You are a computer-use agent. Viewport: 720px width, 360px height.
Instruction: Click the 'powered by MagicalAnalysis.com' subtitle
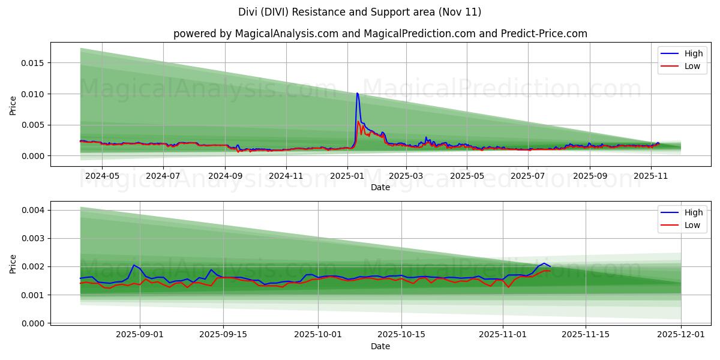[380, 34]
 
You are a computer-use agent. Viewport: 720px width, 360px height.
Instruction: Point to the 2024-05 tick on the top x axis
[102, 176]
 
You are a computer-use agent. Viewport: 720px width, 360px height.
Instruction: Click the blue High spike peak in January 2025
[357, 93]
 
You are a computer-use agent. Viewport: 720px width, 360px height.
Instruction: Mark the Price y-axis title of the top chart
[13, 106]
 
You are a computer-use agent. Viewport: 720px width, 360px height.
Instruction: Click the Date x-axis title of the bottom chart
[380, 346]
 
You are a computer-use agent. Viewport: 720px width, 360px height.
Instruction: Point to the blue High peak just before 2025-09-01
[134, 265]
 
